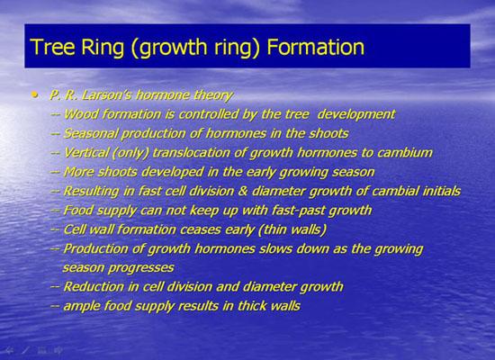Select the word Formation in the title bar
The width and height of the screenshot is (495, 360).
pyautogui.click(x=315, y=47)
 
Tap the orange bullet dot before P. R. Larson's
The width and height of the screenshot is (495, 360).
pyautogui.click(x=35, y=94)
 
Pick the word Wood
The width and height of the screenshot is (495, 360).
pyautogui.click(x=81, y=114)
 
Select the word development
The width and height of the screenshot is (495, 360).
pyautogui.click(x=356, y=115)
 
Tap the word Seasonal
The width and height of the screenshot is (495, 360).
pyautogui.click(x=91, y=133)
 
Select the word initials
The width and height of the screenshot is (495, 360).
pyautogui.click(x=441, y=191)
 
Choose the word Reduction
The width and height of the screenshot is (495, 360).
pyautogui.click(x=94, y=287)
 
